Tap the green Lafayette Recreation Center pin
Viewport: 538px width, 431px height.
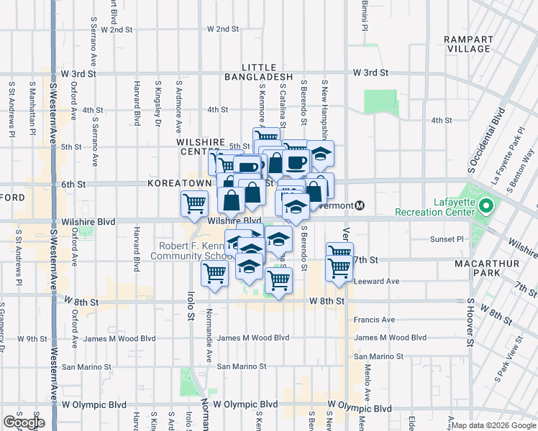[x=485, y=208]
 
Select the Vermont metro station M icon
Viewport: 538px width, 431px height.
[x=360, y=205]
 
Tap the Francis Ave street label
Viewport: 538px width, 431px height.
[x=375, y=320]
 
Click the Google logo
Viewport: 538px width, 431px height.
[x=24, y=422]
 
